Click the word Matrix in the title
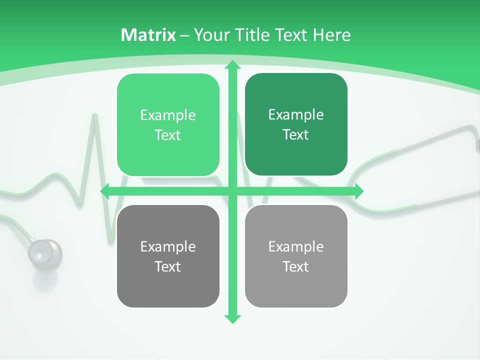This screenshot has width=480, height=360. pyautogui.click(x=148, y=35)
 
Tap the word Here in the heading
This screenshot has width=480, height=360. pyautogui.click(x=331, y=35)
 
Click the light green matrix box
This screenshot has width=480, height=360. pyautogui.click(x=168, y=125)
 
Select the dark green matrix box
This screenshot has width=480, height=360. pyautogui.click(x=296, y=124)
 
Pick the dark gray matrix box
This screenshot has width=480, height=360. pyautogui.click(x=168, y=256)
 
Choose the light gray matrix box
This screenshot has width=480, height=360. pyautogui.click(x=296, y=256)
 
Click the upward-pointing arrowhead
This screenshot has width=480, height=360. pyautogui.click(x=232, y=65)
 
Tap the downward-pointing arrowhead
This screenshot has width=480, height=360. pyautogui.click(x=232, y=318)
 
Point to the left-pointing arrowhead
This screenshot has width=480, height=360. pyautogui.click(x=105, y=191)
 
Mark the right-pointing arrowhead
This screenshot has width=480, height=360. pyautogui.click(x=358, y=191)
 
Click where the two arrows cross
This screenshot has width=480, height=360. pyautogui.click(x=232, y=191)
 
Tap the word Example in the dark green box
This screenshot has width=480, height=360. pyautogui.click(x=296, y=114)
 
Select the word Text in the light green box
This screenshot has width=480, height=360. pyautogui.click(x=167, y=135)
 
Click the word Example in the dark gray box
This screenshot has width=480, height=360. pyautogui.click(x=168, y=246)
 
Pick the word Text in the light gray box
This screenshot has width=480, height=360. pyautogui.click(x=296, y=266)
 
